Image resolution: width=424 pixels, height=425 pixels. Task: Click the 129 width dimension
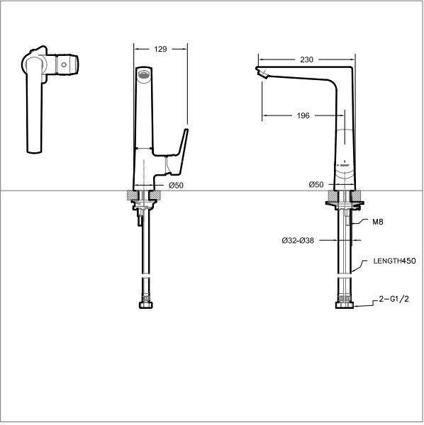[x=160, y=49]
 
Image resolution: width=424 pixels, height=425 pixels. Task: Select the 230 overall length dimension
[x=306, y=60]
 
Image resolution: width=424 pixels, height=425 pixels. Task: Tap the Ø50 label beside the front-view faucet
[x=176, y=185]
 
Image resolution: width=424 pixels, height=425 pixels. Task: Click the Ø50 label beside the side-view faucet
[x=316, y=185]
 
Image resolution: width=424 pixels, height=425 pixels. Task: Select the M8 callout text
[x=378, y=222]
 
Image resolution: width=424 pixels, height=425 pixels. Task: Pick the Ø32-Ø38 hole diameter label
[x=298, y=240]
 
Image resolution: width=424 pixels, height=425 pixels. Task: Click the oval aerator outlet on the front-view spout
[x=144, y=74]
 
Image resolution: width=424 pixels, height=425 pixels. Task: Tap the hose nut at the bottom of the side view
[x=345, y=305]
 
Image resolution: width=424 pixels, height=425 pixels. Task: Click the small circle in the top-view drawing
[x=65, y=65]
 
